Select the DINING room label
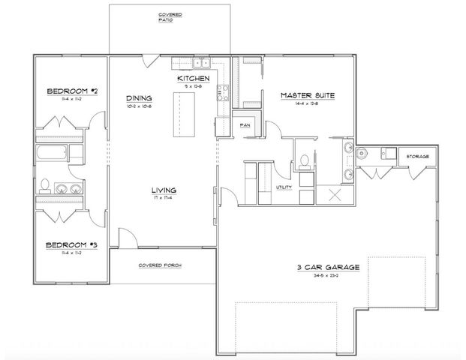pyautogui.click(x=140, y=98)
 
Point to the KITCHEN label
pyautogui.click(x=192, y=78)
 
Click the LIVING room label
pyautogui.click(x=162, y=191)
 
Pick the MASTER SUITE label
pyautogui.click(x=307, y=95)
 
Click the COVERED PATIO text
pyautogui.click(x=170, y=17)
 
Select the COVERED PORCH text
pyautogui.click(x=162, y=265)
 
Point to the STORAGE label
pyautogui.click(x=417, y=156)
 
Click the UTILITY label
pyautogui.click(x=284, y=187)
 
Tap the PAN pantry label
pyautogui.click(x=245, y=124)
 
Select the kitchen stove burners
pyautogui.click(x=222, y=93)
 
